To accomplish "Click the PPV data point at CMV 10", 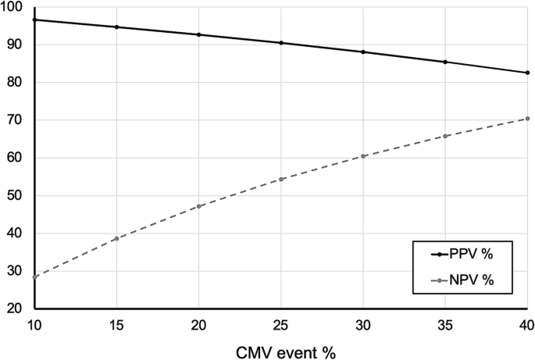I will coord(35,20).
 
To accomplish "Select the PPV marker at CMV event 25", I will coord(281,43).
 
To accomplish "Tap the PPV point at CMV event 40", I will coord(528,73).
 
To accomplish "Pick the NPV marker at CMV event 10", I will coord(35,276).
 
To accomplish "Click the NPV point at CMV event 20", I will coord(199,206).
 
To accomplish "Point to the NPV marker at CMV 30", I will coord(363,156).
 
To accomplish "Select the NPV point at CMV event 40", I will coord(528,119).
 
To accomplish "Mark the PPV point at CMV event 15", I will coord(117,27).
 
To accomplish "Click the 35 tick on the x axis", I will coord(445,323).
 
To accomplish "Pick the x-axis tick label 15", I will coord(117,323).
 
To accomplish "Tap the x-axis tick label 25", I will coord(281,323).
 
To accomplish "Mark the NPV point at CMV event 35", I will coord(445,136).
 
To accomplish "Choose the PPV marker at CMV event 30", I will coord(363,52).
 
